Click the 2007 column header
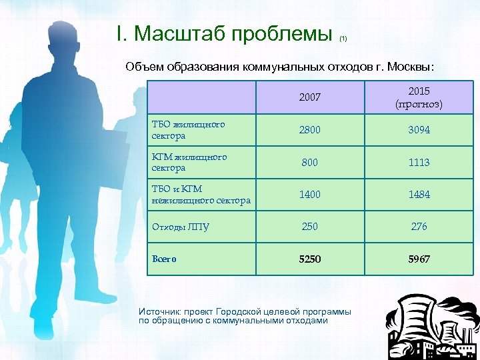point(309,97)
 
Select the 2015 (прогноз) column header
point(419,97)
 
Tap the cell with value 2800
point(309,130)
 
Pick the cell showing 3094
point(419,130)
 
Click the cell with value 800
point(309,162)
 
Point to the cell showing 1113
point(419,162)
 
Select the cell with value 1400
point(309,194)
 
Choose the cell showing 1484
point(419,194)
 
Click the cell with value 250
point(309,227)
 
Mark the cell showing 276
point(419,227)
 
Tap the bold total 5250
point(309,259)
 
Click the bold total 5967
point(419,259)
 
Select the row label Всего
point(165,259)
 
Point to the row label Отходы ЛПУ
point(181,227)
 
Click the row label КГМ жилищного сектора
point(189,162)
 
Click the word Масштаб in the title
point(185,33)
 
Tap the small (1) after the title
point(343,39)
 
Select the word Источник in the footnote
point(159,312)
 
